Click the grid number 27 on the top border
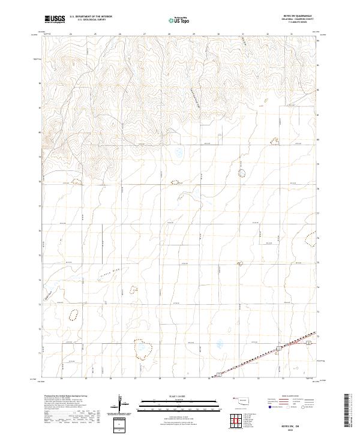coord(145,34)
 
